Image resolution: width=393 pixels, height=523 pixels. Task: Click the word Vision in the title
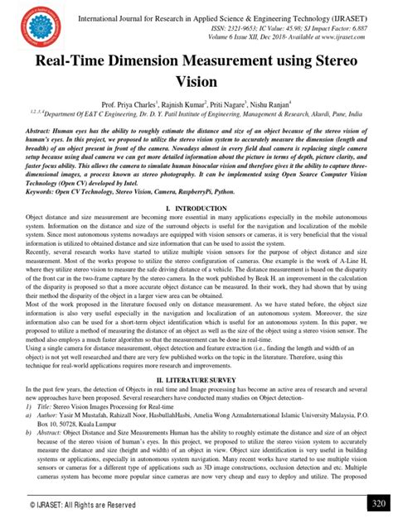196,83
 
